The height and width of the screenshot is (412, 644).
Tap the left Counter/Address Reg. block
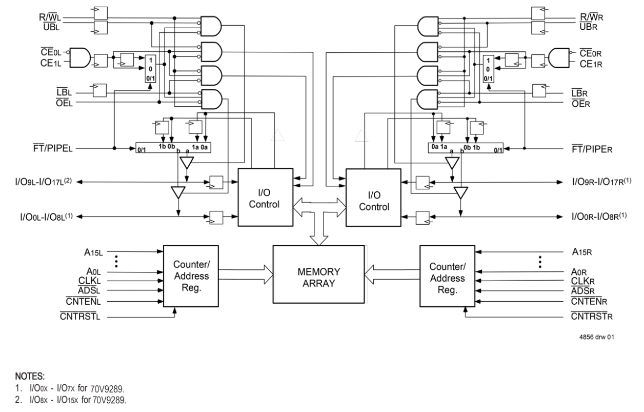(x=191, y=276)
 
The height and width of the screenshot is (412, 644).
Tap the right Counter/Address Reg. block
(x=447, y=276)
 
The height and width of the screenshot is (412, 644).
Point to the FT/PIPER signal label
(x=592, y=149)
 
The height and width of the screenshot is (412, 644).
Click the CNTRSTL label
(x=79, y=317)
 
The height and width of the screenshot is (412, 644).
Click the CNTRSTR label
(x=592, y=317)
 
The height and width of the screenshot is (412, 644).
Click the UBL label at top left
(x=50, y=26)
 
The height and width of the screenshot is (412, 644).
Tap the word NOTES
(x=30, y=376)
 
